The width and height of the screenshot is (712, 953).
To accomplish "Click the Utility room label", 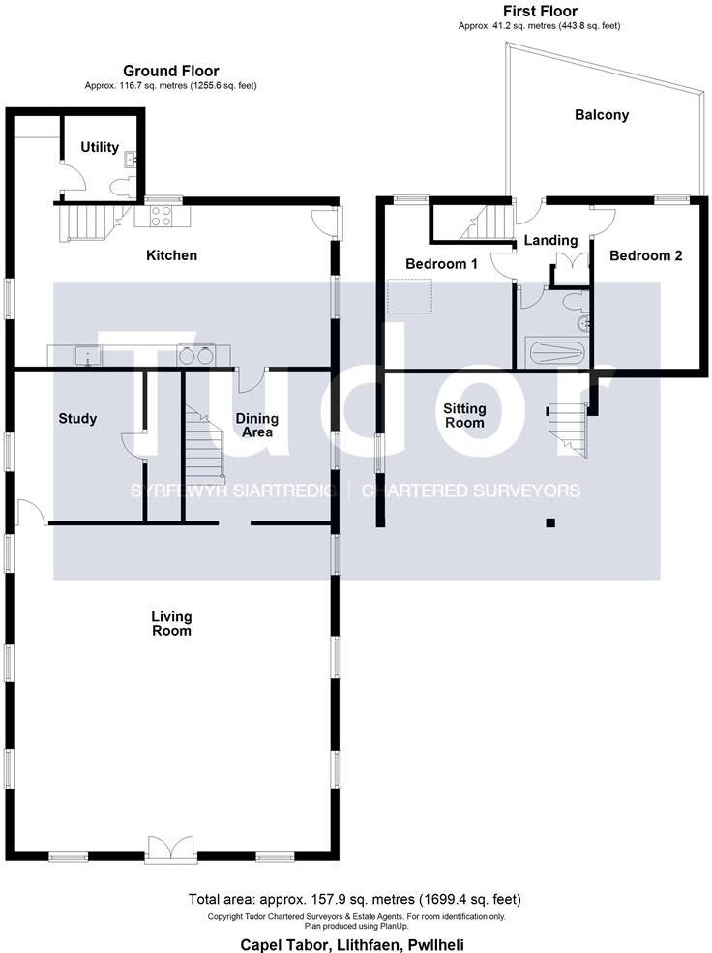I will tap(100, 148).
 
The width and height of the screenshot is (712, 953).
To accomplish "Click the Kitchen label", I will tap(171, 255).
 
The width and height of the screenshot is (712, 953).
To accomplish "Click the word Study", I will tap(77, 419).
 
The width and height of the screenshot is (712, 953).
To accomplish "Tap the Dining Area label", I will tap(257, 425).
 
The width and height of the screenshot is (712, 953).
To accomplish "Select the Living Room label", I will tap(171, 623).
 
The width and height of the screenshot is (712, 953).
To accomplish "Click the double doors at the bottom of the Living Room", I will tap(171, 848).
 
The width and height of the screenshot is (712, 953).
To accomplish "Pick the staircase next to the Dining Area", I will tap(204, 445).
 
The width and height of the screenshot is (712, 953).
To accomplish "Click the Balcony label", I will tap(602, 115).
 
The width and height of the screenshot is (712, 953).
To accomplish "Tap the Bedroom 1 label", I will tap(441, 263).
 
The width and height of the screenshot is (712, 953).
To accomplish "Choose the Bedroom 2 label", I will tap(646, 255).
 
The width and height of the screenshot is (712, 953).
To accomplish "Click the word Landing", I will tap(550, 240).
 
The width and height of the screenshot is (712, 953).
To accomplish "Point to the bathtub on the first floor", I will tap(555, 352).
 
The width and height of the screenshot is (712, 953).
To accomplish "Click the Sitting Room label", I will tap(464, 415).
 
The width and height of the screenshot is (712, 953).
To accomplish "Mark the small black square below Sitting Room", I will tap(549, 523).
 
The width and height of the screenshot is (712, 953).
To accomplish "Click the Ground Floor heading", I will tap(170, 71).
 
